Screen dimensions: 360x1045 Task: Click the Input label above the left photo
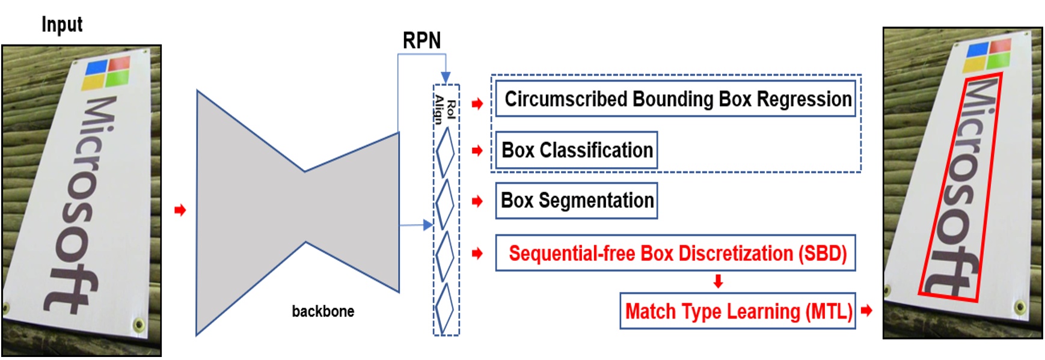click(x=61, y=25)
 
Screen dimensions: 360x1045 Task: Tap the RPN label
click(x=421, y=41)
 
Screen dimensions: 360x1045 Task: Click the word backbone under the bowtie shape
click(x=323, y=311)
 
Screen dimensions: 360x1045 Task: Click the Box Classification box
click(x=576, y=150)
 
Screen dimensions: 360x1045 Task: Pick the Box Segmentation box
click(x=576, y=201)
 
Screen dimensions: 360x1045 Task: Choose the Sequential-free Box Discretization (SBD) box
click(x=675, y=253)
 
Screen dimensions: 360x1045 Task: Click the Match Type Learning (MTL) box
click(x=738, y=311)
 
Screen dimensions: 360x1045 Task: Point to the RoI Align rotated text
click(x=446, y=109)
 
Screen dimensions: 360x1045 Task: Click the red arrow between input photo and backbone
click(x=180, y=210)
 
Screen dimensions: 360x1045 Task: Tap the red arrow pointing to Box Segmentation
click(x=477, y=201)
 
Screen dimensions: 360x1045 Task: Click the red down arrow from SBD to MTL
click(x=718, y=281)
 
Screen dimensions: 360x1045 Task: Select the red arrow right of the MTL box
click(x=866, y=311)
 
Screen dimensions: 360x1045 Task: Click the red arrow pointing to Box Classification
click(x=477, y=150)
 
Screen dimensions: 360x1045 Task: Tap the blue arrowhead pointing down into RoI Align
click(x=446, y=78)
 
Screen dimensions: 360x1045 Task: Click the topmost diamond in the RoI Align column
click(x=445, y=152)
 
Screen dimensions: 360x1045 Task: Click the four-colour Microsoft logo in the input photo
click(x=108, y=73)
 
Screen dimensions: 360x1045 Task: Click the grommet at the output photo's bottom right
click(x=1020, y=307)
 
